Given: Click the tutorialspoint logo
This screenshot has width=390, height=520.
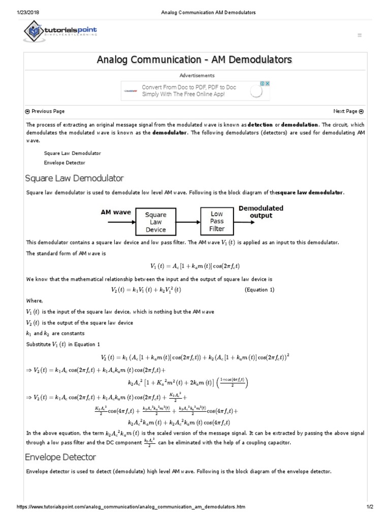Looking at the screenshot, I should click(60, 32).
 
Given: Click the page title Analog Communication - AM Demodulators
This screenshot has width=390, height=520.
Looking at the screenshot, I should click(194, 60).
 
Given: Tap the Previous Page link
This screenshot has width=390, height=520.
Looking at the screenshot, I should click(45, 111).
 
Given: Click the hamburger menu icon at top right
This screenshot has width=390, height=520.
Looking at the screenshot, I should click(360, 35).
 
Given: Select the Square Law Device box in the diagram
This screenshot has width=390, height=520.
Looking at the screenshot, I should click(155, 222).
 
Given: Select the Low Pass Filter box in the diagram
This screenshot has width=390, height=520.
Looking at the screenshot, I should click(217, 221).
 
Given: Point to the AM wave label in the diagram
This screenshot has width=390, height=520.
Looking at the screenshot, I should click(115, 212).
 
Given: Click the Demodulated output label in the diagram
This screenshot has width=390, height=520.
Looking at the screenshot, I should click(261, 212).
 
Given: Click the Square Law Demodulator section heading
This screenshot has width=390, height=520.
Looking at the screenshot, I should click(75, 178).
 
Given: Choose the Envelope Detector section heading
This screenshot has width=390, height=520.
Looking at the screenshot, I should click(60, 458).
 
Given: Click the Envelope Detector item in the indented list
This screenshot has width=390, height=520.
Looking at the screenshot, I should click(64, 163).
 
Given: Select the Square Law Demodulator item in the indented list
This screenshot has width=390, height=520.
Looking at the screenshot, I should click(72, 153).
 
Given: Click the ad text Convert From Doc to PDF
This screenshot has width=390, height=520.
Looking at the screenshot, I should click(189, 87).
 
